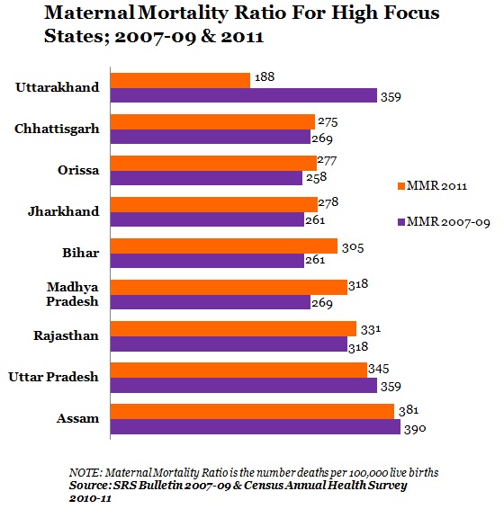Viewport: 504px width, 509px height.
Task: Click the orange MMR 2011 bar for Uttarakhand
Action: click(x=180, y=81)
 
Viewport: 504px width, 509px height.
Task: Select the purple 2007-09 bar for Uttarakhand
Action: click(x=244, y=95)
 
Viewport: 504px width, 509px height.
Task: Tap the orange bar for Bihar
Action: click(x=224, y=246)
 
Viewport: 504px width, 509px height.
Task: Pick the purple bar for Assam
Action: click(x=256, y=426)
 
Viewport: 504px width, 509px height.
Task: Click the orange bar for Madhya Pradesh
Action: click(x=229, y=287)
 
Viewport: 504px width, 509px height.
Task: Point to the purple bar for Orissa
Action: click(x=206, y=178)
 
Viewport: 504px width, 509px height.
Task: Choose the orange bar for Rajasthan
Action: click(x=233, y=329)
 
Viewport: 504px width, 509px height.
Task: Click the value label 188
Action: click(x=265, y=77)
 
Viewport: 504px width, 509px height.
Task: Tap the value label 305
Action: click(x=353, y=248)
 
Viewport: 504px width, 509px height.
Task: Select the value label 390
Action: click(x=415, y=429)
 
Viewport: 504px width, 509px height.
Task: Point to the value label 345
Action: click(x=379, y=369)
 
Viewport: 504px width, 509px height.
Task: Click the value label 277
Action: click(x=328, y=161)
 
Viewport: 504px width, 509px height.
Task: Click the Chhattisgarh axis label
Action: click(x=57, y=129)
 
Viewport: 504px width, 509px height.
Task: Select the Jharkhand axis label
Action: click(x=64, y=211)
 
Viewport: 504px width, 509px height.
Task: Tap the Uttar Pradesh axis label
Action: click(x=53, y=377)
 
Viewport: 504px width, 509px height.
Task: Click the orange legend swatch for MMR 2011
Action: click(x=401, y=186)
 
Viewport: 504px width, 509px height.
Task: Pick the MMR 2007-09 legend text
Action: click(x=448, y=222)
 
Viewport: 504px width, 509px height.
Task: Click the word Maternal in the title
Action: click(x=89, y=13)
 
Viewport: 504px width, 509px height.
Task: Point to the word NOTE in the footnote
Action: click(x=85, y=472)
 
